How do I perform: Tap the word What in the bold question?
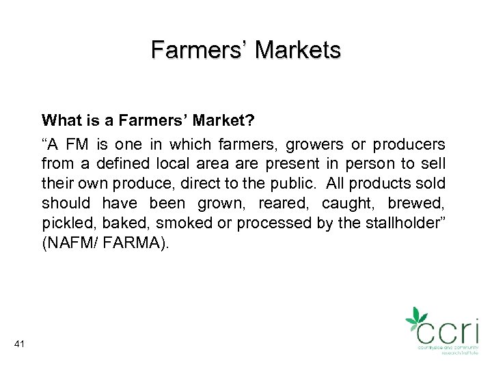[x=59, y=120]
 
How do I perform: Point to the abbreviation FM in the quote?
[x=73, y=145]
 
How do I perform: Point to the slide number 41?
[x=19, y=344]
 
